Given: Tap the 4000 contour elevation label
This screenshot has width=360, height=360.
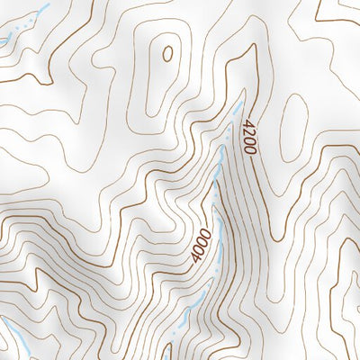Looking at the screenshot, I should [x=202, y=245].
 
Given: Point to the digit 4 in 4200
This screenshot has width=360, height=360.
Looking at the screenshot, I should [x=244, y=125].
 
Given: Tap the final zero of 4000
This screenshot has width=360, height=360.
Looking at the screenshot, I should [x=195, y=258].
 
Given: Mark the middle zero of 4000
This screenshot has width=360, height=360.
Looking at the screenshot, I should [x=200, y=249].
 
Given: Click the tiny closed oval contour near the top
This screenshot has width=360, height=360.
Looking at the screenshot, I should [x=167, y=53].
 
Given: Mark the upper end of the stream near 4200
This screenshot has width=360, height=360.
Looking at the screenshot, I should [x=239, y=105].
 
